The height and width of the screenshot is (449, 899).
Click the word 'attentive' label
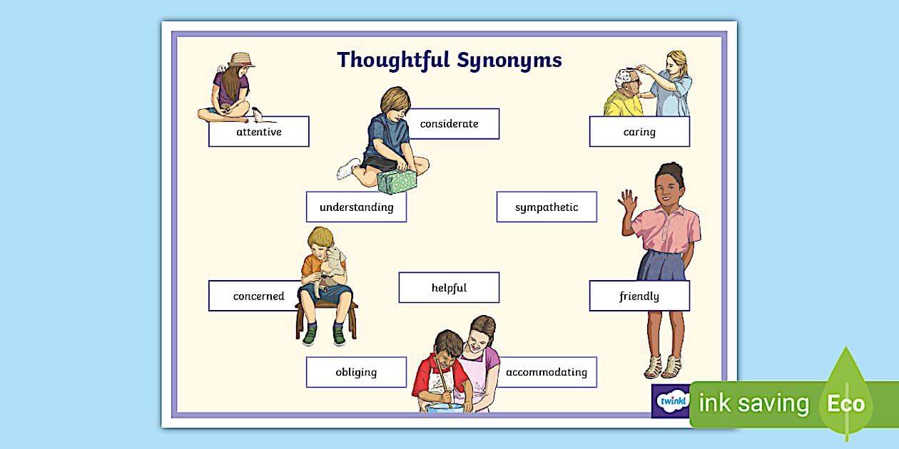[259, 131]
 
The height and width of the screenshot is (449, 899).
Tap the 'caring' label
[640, 131]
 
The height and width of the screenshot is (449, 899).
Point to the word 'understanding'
[357, 207]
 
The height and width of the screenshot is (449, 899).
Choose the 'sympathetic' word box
[547, 207]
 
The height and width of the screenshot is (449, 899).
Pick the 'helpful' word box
[449, 287]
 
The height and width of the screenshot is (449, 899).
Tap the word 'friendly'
[640, 296]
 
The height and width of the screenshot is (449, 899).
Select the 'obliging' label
[357, 372]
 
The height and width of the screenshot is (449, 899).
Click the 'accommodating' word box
[547, 372]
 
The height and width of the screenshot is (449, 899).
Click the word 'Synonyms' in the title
[509, 61]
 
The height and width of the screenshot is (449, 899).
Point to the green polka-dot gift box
[397, 182]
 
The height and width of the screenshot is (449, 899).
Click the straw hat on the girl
[241, 60]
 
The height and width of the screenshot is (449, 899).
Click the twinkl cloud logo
[672, 401]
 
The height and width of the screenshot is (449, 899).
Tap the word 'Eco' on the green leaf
[845, 403]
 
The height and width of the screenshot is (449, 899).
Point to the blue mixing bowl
[445, 408]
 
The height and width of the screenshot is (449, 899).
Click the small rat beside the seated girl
[258, 115]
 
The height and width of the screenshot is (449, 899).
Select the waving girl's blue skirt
[661, 265]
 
